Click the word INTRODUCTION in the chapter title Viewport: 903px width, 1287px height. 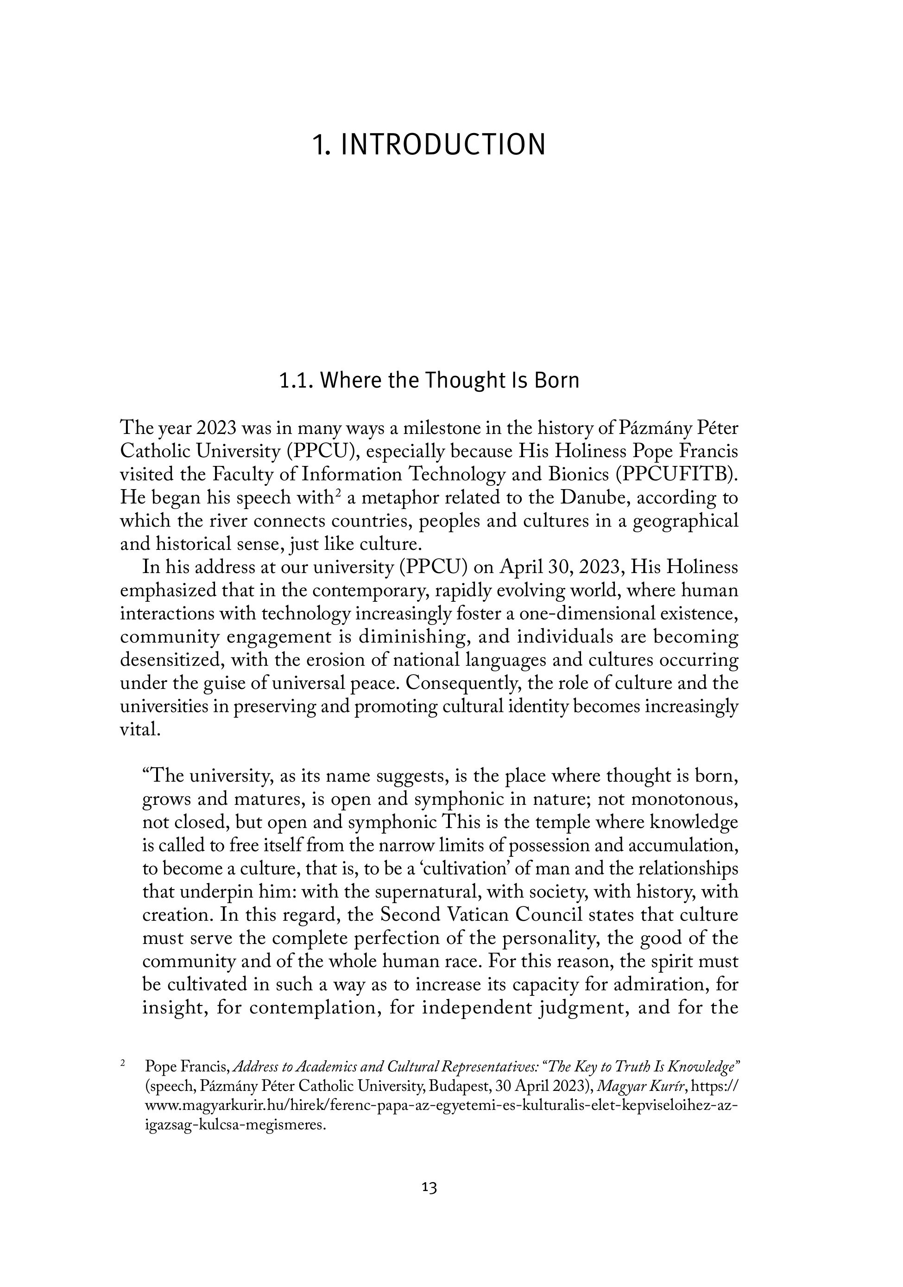[442, 145]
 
